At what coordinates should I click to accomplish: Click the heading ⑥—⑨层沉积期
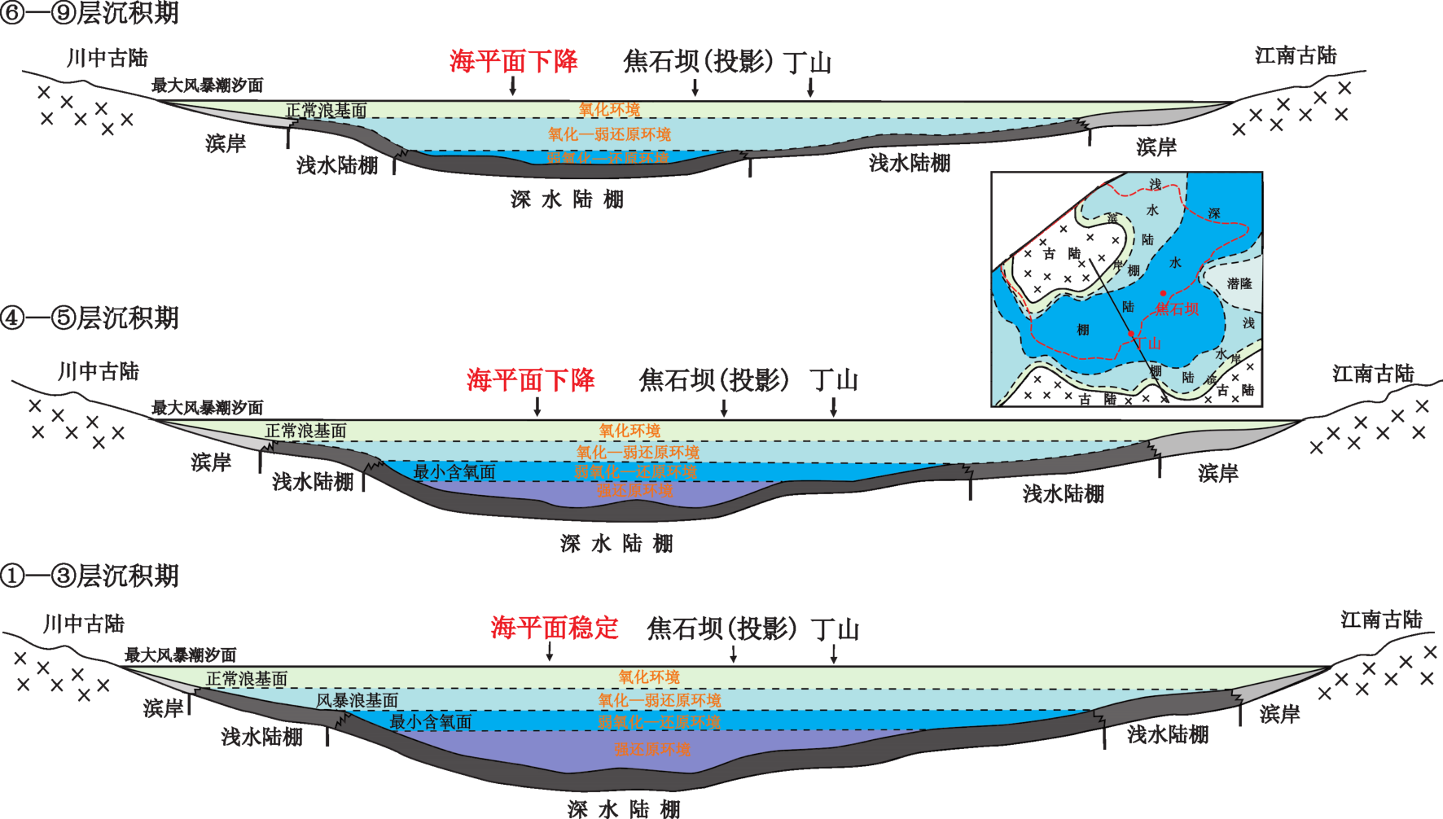click(x=90, y=13)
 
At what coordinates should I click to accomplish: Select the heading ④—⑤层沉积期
click(x=90, y=318)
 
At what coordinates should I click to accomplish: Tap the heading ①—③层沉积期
click(x=90, y=576)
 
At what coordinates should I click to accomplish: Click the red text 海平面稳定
click(x=555, y=628)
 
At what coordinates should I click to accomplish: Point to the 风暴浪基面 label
click(x=357, y=700)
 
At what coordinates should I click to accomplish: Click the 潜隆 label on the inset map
click(x=1239, y=283)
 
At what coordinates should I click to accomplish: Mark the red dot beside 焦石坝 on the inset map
click(x=1163, y=293)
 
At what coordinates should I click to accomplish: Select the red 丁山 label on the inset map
click(x=1148, y=344)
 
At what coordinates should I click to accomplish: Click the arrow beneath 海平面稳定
click(x=550, y=651)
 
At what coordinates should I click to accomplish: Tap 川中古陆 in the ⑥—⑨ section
click(x=107, y=58)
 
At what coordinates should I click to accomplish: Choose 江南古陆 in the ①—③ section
click(x=1381, y=620)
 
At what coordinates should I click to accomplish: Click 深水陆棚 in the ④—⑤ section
click(x=616, y=543)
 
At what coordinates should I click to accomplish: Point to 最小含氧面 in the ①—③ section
click(x=431, y=721)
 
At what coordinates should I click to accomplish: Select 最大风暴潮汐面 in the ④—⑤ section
click(x=208, y=407)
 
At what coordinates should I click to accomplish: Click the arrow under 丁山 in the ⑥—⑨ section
click(x=810, y=87)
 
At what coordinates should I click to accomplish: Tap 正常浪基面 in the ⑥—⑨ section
click(x=326, y=110)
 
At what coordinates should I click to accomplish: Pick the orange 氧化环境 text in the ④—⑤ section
click(x=629, y=431)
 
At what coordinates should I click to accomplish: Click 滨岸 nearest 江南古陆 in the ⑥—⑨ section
click(x=1156, y=147)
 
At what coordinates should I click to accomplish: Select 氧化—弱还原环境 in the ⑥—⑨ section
click(x=609, y=134)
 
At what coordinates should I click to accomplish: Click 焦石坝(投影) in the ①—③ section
click(x=721, y=628)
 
